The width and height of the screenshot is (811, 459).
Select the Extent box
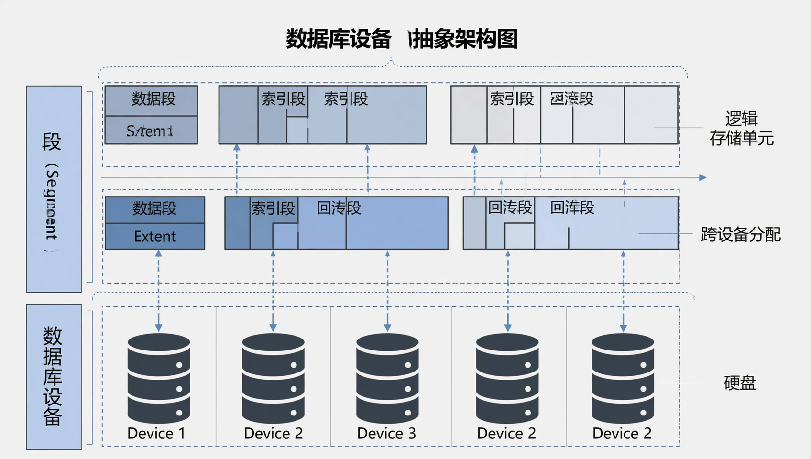(154, 236)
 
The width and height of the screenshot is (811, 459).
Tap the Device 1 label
(156, 433)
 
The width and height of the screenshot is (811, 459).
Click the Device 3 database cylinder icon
(387, 378)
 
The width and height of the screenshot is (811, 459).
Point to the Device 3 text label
(386, 433)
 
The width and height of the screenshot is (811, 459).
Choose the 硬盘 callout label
(739, 383)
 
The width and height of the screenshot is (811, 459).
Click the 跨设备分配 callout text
(740, 234)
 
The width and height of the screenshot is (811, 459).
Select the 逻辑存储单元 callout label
(741, 128)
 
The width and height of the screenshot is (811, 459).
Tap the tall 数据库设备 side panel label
(53, 376)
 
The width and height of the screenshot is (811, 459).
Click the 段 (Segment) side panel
(53, 189)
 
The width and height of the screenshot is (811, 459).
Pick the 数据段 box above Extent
(154, 209)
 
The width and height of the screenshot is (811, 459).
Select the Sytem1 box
(151, 131)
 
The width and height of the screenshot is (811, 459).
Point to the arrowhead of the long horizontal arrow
(702, 178)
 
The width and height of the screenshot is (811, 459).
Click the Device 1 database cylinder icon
(159, 378)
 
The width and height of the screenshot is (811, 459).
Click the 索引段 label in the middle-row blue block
(273, 208)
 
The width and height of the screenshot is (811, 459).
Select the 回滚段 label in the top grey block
(572, 99)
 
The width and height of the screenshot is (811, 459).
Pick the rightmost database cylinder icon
(623, 378)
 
